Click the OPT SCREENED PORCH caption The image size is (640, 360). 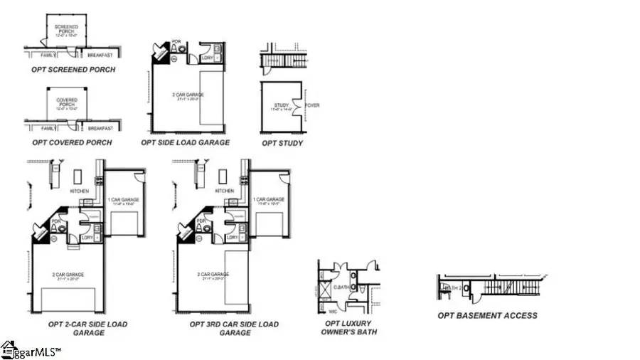[x=73, y=70]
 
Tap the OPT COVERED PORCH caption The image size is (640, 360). [x=71, y=142]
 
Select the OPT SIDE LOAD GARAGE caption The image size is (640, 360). [x=186, y=142]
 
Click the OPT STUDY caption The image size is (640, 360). [x=282, y=143]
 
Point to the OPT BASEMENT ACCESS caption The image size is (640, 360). [x=487, y=315]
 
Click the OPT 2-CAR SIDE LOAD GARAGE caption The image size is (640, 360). [x=88, y=328]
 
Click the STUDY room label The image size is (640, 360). [x=282, y=107]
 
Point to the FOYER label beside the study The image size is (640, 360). [x=312, y=105]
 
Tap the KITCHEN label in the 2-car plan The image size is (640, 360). [x=79, y=191]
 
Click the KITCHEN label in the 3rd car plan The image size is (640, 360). [x=224, y=191]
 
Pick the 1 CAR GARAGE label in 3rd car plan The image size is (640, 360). [x=270, y=200]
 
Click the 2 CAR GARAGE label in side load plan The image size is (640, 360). [x=186, y=94]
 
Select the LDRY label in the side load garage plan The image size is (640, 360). [x=208, y=57]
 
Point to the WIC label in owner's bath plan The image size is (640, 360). [x=332, y=310]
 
